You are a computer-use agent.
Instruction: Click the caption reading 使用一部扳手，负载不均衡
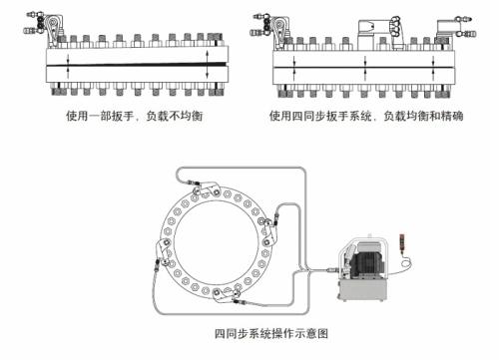pos(134,116)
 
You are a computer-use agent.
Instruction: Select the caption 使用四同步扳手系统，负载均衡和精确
pos(366,116)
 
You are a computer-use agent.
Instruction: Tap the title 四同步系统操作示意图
pos(271,333)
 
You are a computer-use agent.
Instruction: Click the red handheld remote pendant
pos(402,242)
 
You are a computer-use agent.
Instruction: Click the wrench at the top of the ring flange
pos(207,189)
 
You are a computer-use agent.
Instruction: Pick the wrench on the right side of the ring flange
pos(268,232)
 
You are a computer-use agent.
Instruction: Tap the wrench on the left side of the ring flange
pos(163,252)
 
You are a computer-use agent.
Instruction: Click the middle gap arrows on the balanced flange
pos(365,68)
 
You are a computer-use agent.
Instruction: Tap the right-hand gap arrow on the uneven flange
pos(208,64)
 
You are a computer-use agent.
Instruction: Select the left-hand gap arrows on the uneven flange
pos(68,65)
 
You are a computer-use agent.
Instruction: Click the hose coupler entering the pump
pos(331,269)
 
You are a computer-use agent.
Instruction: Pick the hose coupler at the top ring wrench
pos(193,182)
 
